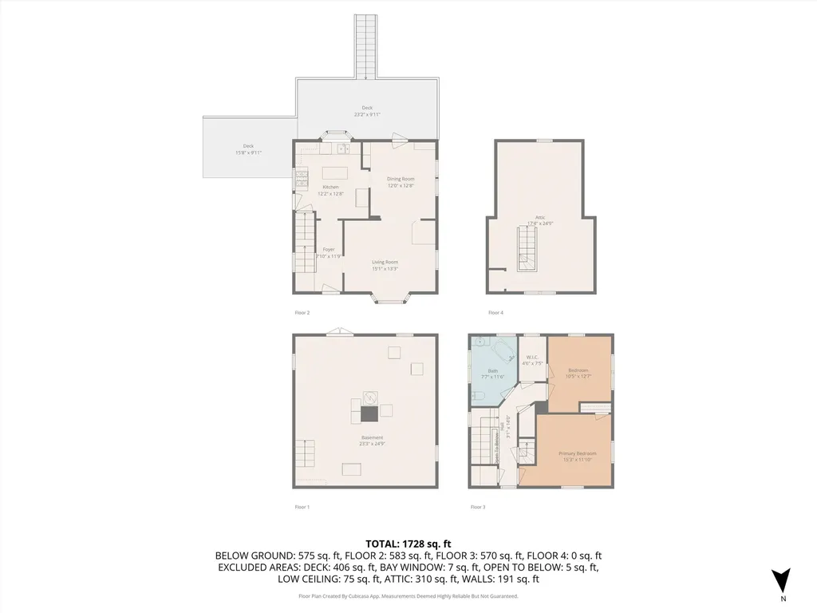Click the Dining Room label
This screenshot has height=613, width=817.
(401, 179)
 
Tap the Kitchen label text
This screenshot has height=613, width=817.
(308, 187)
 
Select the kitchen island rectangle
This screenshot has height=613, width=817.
(333, 172)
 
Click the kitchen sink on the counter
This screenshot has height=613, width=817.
(341, 148)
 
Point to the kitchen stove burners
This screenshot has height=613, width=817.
(302, 180)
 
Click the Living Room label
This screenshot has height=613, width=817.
(385, 262)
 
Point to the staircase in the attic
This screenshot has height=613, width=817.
(525, 247)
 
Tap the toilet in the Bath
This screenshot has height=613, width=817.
(476, 395)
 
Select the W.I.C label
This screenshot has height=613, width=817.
(532, 357)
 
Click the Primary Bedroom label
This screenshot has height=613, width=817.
(577, 453)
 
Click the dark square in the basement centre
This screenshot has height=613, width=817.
(369, 413)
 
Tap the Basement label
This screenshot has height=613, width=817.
(372, 437)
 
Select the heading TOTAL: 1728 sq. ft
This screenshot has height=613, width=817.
(408, 544)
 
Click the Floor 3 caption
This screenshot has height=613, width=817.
(478, 507)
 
